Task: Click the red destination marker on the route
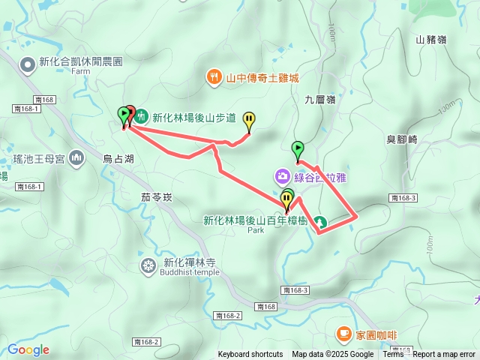tap(130, 113)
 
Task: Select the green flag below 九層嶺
tap(297, 149)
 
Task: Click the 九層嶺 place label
tap(319, 98)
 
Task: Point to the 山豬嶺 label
tap(430, 40)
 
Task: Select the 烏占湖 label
tap(118, 158)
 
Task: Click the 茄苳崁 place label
tap(156, 197)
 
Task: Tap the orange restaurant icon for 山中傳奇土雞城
tap(214, 76)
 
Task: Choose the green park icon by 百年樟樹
tap(319, 221)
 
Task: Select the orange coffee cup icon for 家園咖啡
tap(343, 332)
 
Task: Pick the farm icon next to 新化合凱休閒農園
tap(28, 65)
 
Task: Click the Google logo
tap(28, 349)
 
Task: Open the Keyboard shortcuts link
tap(250, 355)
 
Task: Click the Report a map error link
tap(444, 355)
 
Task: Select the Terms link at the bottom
tap(393, 355)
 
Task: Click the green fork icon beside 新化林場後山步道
tap(142, 117)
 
